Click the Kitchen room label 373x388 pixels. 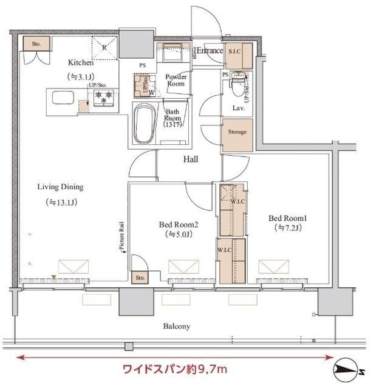coord(81,62)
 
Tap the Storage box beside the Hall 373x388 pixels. coord(238,132)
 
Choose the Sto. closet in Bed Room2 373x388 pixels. coord(140,278)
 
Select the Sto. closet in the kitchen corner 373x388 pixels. coord(36,44)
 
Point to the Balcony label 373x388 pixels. coord(176,326)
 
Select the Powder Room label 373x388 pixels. coord(176,80)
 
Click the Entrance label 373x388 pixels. coord(208,51)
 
